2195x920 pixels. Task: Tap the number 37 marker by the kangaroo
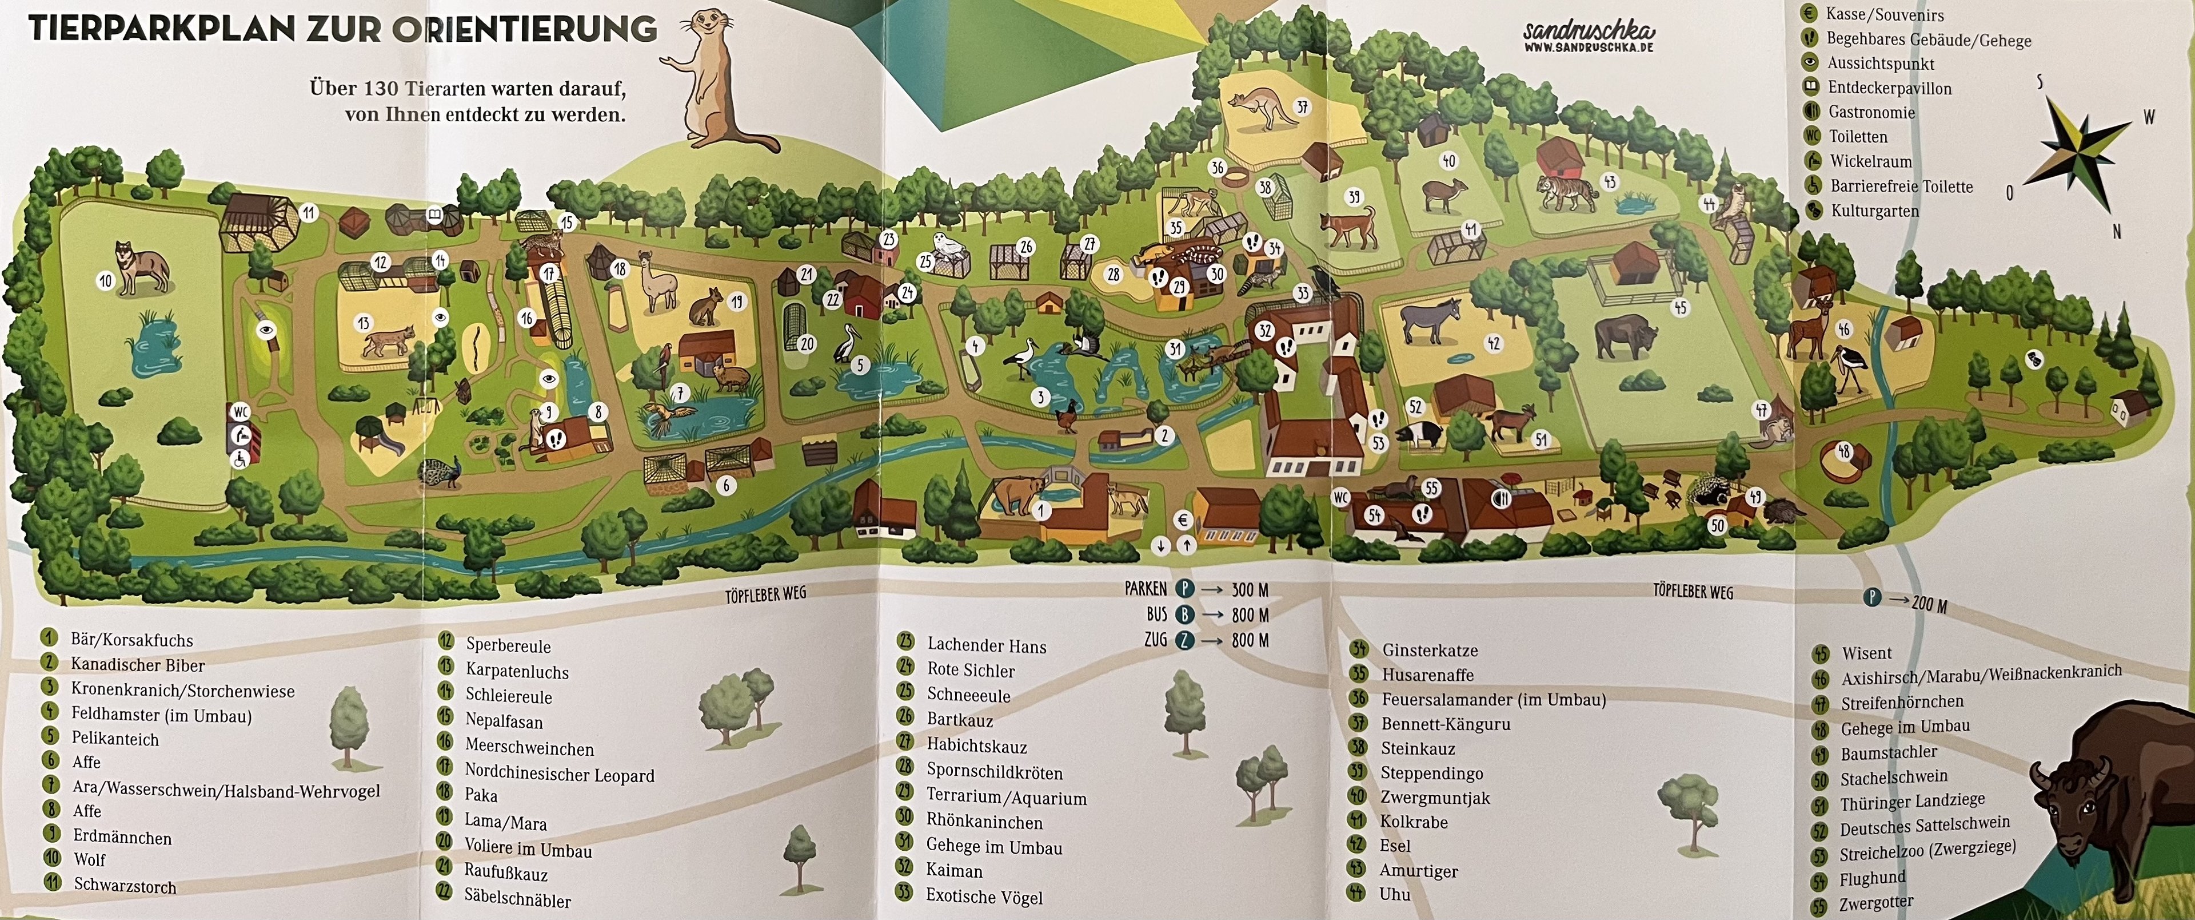pos(1302,108)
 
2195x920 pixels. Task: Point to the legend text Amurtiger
pos(1418,871)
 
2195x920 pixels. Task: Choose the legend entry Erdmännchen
pos(122,837)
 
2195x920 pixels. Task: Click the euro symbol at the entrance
pos(1183,520)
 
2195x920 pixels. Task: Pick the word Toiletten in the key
pos(1858,136)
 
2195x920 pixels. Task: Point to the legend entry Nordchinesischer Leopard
pos(559,774)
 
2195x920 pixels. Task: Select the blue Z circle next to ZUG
pos(1184,640)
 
